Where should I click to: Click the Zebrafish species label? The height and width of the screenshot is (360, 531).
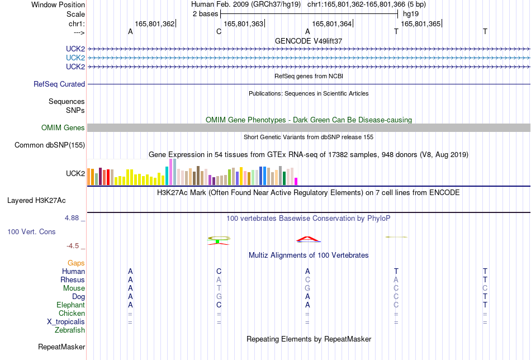[x=70, y=330]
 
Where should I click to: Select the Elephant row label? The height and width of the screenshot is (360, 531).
[x=70, y=305]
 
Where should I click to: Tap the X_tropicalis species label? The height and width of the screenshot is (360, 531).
[x=66, y=322]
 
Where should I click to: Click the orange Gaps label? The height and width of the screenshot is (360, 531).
[x=76, y=263]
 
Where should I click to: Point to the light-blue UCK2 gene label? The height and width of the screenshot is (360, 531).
[x=75, y=58]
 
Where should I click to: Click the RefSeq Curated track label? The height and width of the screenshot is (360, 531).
[x=59, y=84]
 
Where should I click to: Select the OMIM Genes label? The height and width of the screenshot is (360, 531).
[x=63, y=127]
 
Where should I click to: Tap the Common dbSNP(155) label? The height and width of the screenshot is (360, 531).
[x=50, y=145]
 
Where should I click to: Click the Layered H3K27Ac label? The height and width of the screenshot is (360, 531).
[x=36, y=201]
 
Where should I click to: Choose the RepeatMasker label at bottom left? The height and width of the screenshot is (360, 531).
[x=61, y=347]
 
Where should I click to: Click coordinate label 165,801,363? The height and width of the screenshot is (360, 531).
[x=244, y=23]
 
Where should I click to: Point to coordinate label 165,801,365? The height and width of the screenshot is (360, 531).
[x=420, y=23]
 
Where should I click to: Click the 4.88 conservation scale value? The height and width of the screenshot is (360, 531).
[x=72, y=218]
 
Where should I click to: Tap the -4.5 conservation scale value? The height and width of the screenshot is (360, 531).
[x=73, y=246]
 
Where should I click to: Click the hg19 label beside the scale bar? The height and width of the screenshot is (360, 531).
[x=411, y=14]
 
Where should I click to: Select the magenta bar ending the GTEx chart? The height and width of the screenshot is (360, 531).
[x=296, y=182]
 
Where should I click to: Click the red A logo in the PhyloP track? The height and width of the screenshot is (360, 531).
[x=308, y=239]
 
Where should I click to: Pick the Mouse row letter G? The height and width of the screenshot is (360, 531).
[x=307, y=288]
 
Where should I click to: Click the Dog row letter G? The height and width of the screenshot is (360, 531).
[x=219, y=297]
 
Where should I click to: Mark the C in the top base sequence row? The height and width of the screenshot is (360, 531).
[x=219, y=32]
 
